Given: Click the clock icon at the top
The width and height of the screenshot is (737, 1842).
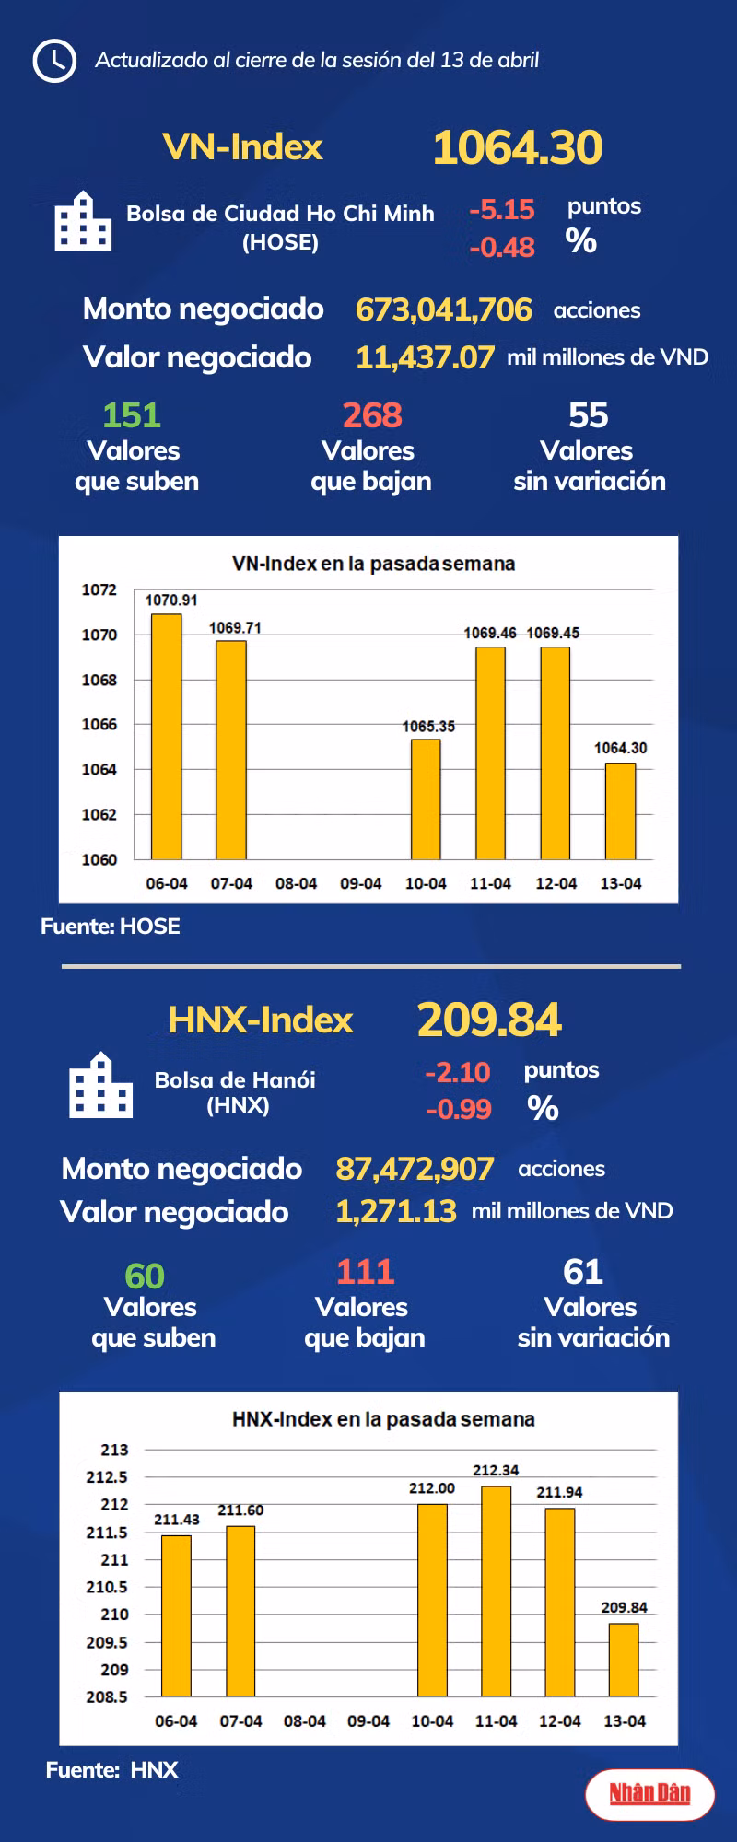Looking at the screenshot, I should click(x=54, y=61).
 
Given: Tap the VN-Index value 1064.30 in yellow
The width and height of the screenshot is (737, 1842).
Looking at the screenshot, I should click(x=518, y=148).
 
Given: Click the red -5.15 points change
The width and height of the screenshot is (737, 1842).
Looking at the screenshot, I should click(x=502, y=210).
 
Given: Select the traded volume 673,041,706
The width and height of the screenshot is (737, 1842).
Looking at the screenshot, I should click(x=443, y=309).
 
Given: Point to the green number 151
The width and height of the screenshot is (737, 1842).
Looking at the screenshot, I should click(x=132, y=415).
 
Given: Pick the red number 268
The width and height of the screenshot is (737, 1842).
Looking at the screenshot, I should click(x=372, y=415).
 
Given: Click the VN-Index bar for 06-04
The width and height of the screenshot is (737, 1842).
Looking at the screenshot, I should click(x=167, y=736).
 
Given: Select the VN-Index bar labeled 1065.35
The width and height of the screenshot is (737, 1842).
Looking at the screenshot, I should click(x=426, y=799).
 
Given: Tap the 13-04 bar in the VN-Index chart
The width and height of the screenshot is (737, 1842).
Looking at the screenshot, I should click(x=621, y=810).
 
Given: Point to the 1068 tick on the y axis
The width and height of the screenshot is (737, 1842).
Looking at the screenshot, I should click(x=99, y=680).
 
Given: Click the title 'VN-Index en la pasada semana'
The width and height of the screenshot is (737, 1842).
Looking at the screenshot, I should click(x=373, y=564).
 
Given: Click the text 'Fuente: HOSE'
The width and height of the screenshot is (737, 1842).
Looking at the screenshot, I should click(x=111, y=927).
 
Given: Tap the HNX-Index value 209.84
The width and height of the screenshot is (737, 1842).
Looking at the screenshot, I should click(x=489, y=1020).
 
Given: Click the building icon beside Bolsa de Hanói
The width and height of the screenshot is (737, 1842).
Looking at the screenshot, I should click(x=100, y=1086).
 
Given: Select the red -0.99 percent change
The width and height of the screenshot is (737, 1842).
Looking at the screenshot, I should click(x=459, y=1109).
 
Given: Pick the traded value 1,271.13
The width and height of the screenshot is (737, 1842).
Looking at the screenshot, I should click(x=396, y=1211).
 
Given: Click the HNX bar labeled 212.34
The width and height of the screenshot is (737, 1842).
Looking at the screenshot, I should click(x=496, y=1591).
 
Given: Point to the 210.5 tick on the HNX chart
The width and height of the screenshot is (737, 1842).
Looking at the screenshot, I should click(x=107, y=1587).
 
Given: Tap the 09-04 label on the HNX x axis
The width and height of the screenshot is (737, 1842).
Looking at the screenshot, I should click(x=368, y=1720).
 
